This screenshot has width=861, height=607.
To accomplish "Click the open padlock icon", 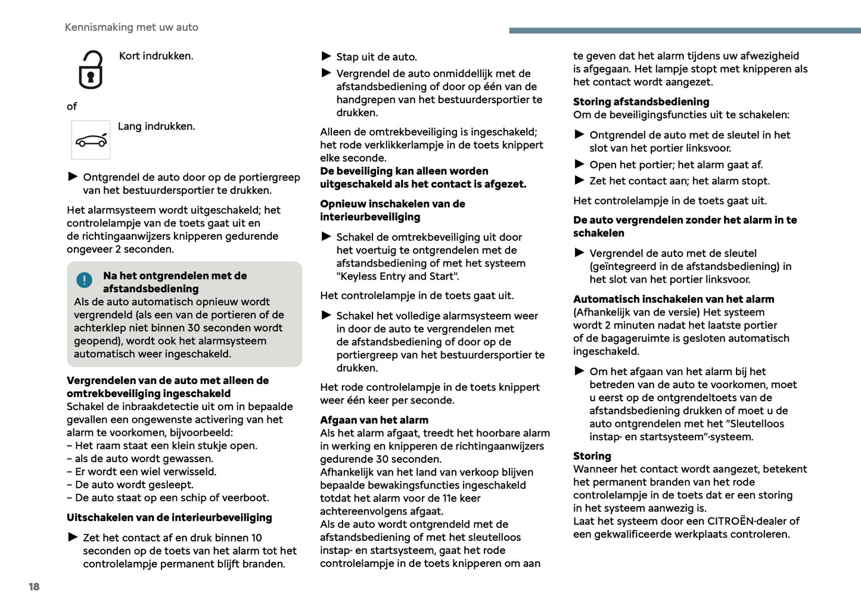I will coord(91,70).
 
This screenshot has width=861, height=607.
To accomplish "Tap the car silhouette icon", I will coord(91,140).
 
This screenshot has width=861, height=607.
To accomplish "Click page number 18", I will coord(34,587).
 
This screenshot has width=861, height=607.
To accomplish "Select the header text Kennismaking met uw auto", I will coord(131,27).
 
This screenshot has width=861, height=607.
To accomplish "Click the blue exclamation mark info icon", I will coord(85,280).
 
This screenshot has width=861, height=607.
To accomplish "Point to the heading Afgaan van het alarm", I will coord(374,420).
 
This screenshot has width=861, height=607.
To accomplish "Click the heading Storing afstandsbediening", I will coord(641,102).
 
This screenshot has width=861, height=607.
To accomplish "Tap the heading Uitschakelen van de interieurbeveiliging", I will coord(169,518).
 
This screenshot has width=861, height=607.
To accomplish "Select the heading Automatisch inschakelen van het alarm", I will coord(673,299).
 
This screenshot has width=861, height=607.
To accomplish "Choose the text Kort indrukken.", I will coord(156,56).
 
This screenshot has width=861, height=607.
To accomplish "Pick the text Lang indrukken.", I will coord(156,126).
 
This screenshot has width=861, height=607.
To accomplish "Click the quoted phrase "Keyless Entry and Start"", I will coord(397,277).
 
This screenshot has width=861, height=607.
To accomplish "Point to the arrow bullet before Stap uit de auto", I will coord(326,56).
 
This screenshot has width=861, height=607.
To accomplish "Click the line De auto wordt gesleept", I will coord(133,485).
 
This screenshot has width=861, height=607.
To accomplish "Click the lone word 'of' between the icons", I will coord(72,107).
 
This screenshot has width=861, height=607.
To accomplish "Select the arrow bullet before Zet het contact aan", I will coord(579,180).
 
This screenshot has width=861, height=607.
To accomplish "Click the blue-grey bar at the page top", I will coord(685,30).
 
